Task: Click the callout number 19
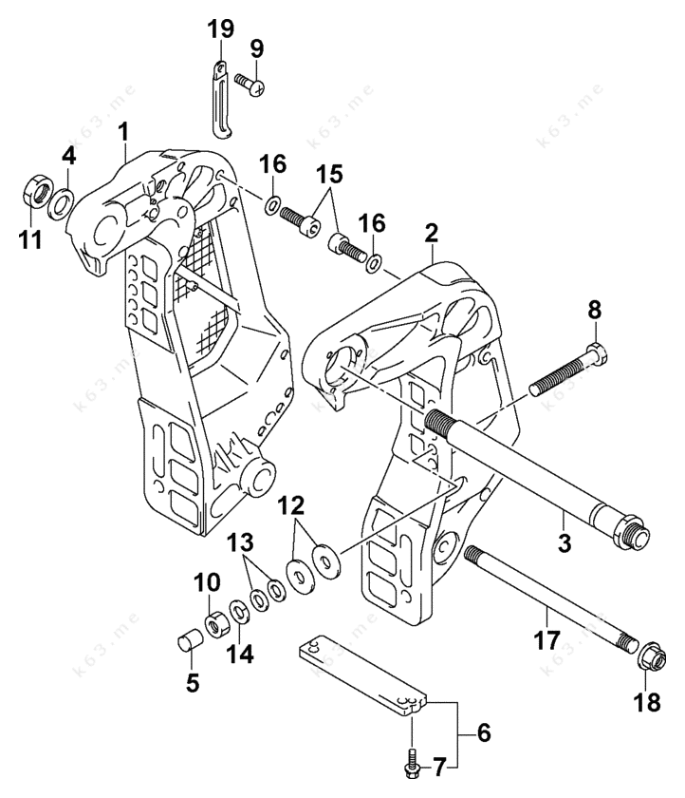[220, 29]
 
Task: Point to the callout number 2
[432, 233]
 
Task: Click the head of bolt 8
[597, 356]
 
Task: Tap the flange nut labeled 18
[648, 655]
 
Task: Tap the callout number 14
[240, 655]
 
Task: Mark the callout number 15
[330, 175]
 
